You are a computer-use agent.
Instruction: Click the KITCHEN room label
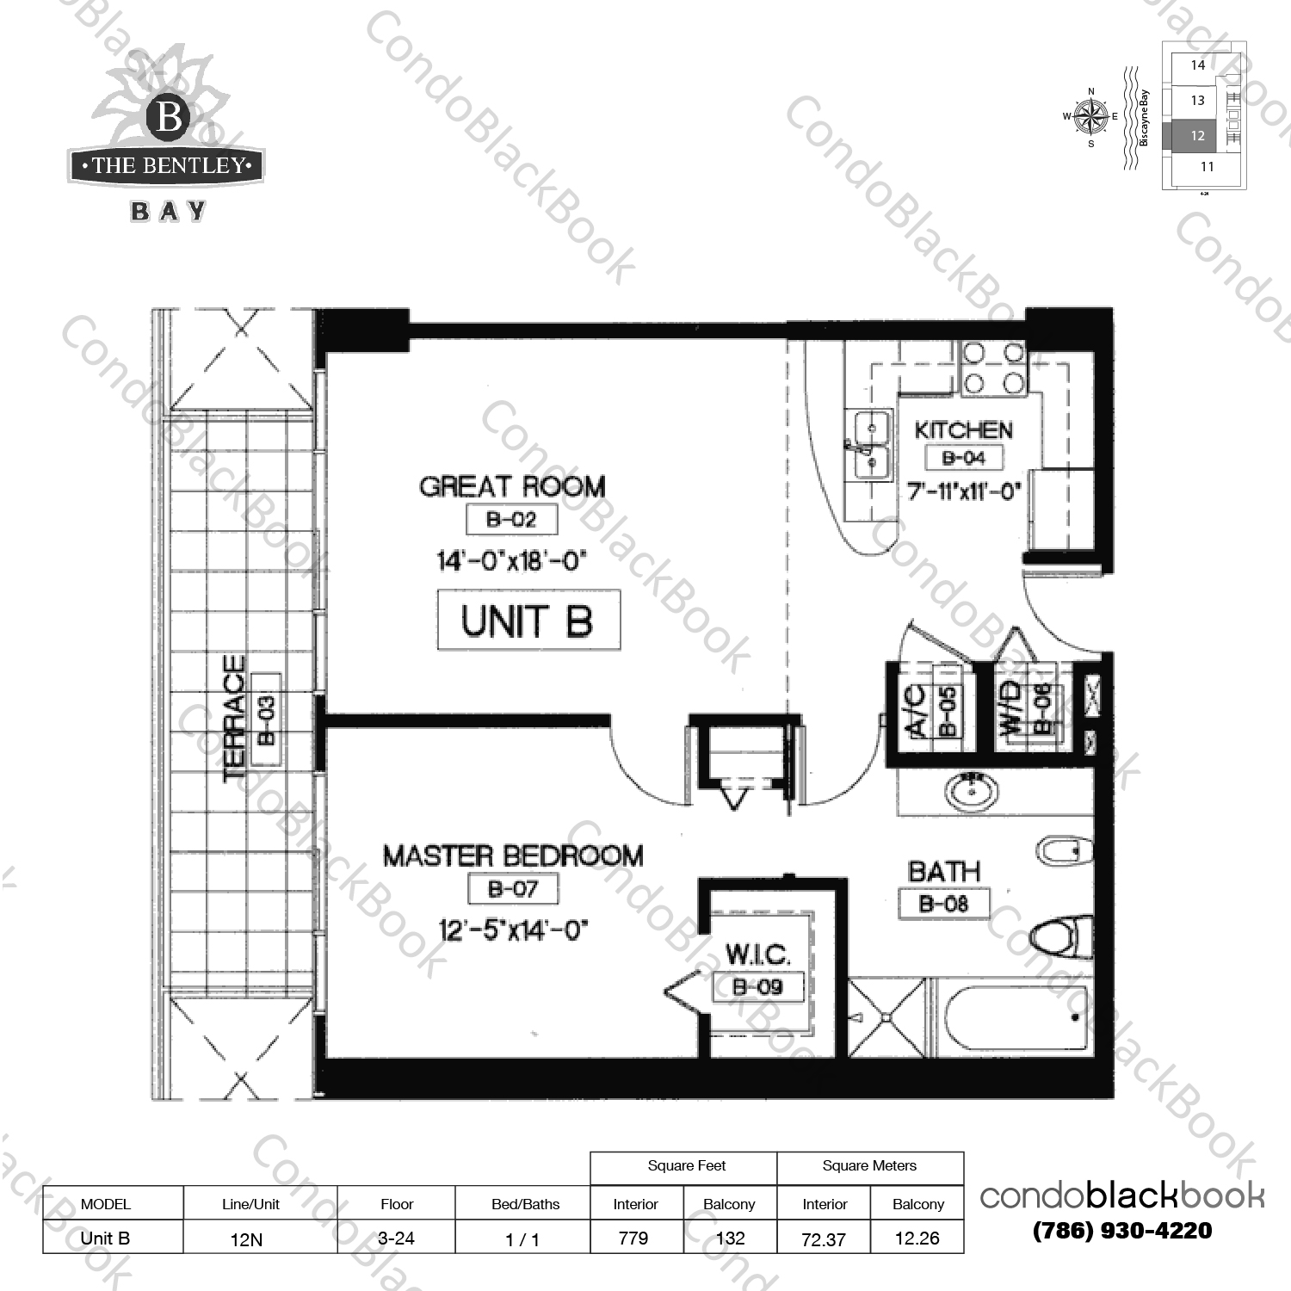tap(963, 430)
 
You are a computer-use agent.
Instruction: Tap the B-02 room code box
tap(511, 519)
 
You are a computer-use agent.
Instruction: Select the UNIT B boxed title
tap(528, 620)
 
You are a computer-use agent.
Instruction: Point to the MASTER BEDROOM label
tap(513, 856)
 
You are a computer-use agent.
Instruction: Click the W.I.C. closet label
tap(757, 954)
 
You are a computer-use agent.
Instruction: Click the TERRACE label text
tap(234, 718)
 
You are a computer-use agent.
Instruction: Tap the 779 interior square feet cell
tap(633, 1238)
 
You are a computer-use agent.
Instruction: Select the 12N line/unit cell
tap(246, 1239)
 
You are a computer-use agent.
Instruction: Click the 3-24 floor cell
tap(396, 1238)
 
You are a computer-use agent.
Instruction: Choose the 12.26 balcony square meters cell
tap(917, 1238)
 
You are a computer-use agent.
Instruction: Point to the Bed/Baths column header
tap(525, 1204)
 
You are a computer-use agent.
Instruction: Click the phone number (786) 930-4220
tap(1121, 1231)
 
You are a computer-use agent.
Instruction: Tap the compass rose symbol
tap(1091, 116)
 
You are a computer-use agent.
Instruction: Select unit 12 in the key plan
tap(1197, 136)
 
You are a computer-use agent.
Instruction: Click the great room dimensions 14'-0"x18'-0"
tap(511, 561)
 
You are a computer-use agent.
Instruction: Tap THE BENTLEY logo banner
tap(166, 165)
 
